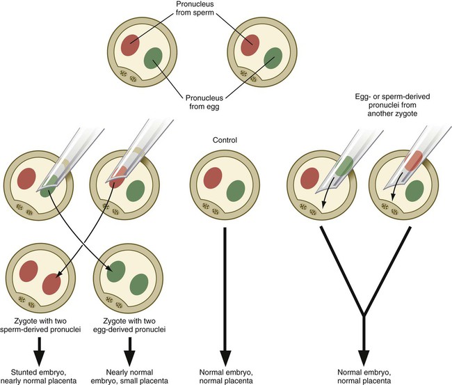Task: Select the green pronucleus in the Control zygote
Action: pyautogui.click(x=236, y=190)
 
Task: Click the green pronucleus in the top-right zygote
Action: pyautogui.click(x=274, y=56)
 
